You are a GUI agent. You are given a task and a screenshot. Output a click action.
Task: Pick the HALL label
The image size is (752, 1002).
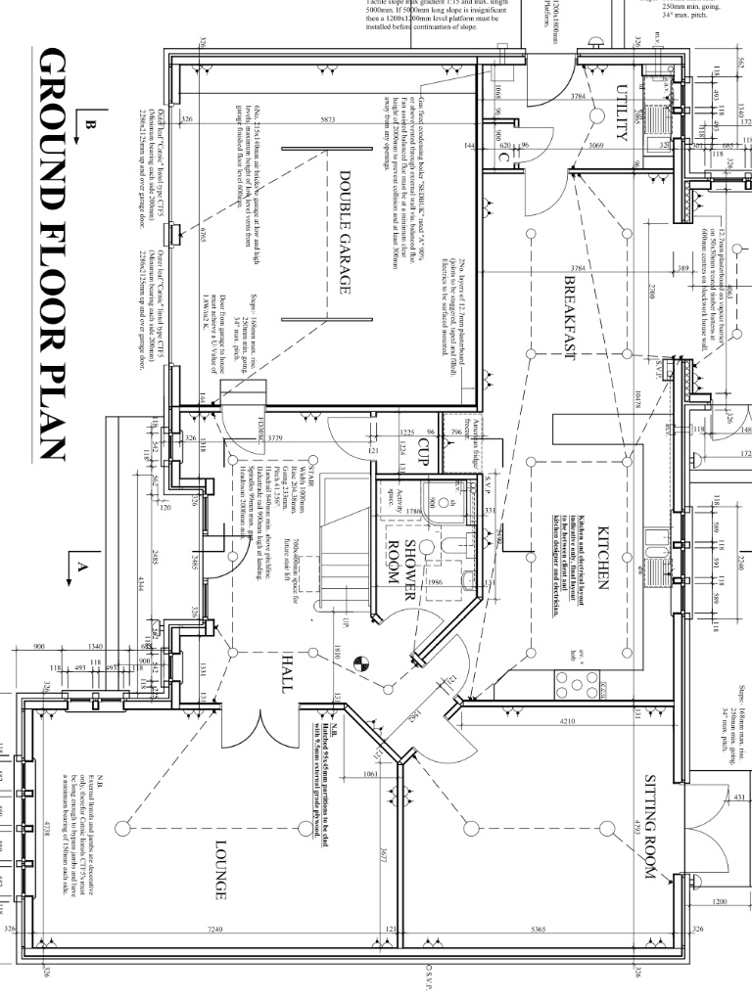point(288,672)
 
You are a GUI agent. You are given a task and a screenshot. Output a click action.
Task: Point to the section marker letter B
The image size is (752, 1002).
point(91,124)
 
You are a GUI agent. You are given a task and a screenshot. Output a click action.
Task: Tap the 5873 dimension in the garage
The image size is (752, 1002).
point(328,120)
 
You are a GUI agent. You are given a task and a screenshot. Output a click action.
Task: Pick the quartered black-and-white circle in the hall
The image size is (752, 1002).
point(360,661)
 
